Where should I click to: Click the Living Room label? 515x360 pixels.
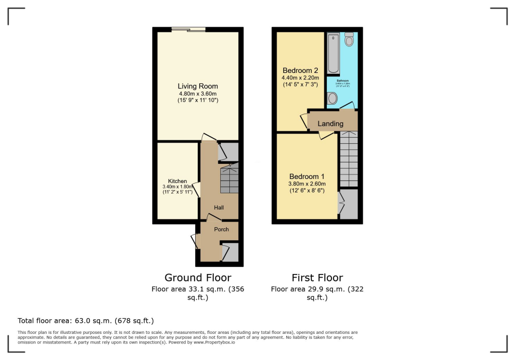tap(198, 86)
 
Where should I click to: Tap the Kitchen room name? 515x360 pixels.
tap(178, 181)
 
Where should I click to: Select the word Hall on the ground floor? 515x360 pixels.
tap(219, 207)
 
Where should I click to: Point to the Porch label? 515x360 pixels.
tap(222, 229)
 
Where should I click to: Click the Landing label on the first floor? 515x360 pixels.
tap(330, 124)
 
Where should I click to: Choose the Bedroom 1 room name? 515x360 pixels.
tap(307, 176)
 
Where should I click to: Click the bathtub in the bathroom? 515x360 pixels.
tap(333, 53)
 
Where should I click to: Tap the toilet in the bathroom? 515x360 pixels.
tap(350, 40)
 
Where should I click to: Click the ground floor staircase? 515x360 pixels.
tap(229, 181)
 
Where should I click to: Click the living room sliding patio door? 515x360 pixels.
tap(188, 30)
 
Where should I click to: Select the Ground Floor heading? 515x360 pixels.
tap(198, 278)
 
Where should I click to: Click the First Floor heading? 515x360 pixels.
tap(317, 278)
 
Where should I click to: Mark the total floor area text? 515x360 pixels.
tap(85, 320)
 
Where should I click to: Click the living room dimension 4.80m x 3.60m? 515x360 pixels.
tap(198, 94)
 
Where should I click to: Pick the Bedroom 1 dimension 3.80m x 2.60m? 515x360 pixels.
tap(307, 184)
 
